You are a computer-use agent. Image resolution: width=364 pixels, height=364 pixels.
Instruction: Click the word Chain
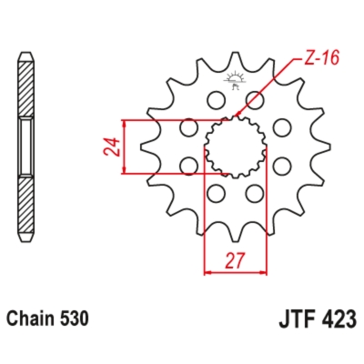pyautogui.click(x=31, y=320)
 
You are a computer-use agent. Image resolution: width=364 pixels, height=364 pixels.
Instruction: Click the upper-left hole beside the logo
pyautogui.click(x=216, y=97)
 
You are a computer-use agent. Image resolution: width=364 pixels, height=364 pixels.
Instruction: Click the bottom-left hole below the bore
pyautogui.click(x=216, y=193)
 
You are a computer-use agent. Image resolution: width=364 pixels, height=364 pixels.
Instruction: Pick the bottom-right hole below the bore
pyautogui.click(x=254, y=193)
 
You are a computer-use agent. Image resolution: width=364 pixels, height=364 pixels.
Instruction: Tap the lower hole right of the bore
pyautogui.click(x=282, y=165)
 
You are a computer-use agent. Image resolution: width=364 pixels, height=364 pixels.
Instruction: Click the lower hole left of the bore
pyautogui.click(x=188, y=165)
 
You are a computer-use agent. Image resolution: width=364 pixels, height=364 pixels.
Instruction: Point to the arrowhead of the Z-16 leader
pyautogui.click(x=241, y=116)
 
